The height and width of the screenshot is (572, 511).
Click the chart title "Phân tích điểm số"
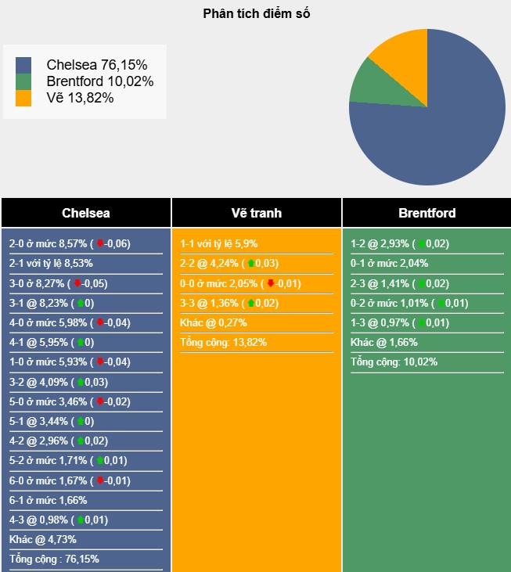tap(256, 13)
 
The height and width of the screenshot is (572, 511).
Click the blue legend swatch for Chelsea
tap(23, 65)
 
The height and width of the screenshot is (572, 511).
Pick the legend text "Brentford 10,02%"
tap(99, 81)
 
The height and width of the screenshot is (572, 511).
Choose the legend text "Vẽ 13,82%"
tap(80, 98)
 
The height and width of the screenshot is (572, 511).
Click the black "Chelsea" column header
tap(86, 213)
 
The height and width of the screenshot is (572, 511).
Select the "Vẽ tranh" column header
tap(257, 213)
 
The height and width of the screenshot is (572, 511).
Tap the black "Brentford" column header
tap(426, 213)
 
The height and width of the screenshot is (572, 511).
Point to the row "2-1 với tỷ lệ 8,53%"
tap(51, 264)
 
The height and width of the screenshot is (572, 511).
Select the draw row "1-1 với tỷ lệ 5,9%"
tap(218, 243)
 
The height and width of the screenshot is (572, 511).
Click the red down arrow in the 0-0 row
tap(271, 283)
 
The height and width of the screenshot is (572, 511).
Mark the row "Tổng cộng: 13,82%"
tap(224, 342)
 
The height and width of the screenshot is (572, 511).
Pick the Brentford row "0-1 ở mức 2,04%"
tap(389, 264)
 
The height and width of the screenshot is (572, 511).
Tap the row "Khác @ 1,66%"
tap(384, 342)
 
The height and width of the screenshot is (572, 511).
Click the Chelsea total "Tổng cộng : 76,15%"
tap(54, 559)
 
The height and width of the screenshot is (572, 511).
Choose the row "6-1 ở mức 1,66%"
tap(48, 500)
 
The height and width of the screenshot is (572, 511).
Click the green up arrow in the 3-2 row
tap(81, 382)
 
